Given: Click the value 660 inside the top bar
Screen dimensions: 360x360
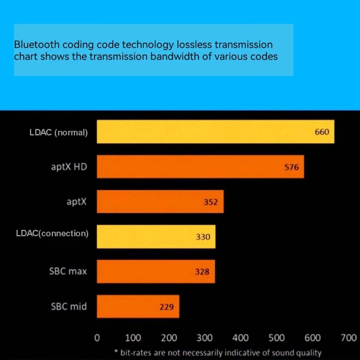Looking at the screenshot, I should [322, 132].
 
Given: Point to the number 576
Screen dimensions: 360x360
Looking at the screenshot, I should [292, 167].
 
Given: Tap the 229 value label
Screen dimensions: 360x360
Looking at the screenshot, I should [167, 307].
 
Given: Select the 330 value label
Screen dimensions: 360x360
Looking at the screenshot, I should [203, 237].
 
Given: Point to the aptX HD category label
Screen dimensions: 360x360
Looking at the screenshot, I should [69, 167].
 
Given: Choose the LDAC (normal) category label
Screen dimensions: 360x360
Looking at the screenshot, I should [59, 132].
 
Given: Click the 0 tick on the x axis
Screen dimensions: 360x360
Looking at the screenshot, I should [97, 338].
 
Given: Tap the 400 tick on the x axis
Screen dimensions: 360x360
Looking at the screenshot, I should [241, 338].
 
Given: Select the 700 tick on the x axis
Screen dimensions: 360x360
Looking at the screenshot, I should [348, 338].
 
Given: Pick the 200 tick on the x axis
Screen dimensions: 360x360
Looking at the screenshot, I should [169, 338].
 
